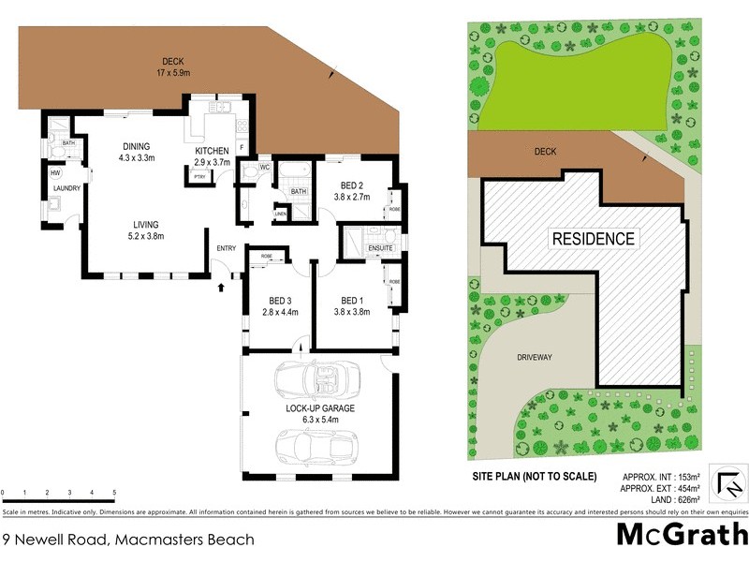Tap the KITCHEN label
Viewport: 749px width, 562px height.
pyautogui.click(x=212, y=151)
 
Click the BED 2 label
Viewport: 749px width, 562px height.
pyautogui.click(x=352, y=185)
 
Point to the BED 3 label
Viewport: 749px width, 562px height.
pyautogui.click(x=279, y=301)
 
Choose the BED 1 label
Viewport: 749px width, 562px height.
pyautogui.click(x=352, y=301)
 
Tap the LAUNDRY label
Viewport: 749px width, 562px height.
pyautogui.click(x=66, y=188)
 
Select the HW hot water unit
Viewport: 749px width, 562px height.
pyautogui.click(x=55, y=172)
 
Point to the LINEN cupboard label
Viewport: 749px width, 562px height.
pyautogui.click(x=280, y=214)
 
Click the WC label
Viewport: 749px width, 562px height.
pyautogui.click(x=265, y=168)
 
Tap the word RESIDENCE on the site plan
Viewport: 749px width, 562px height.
pyautogui.click(x=592, y=238)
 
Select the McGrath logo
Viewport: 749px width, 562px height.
pyautogui.click(x=681, y=535)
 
